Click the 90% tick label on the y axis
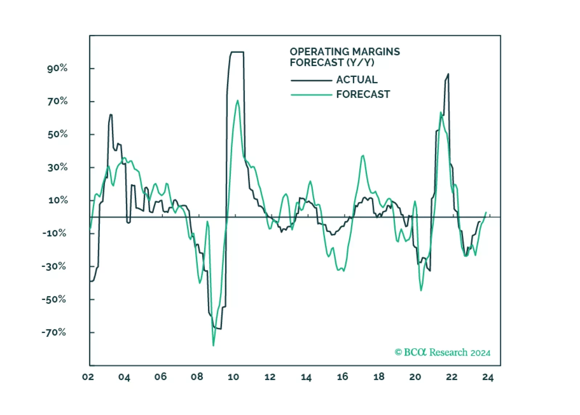tap(57, 68)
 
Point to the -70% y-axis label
tap(54, 332)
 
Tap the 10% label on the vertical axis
tap(58, 200)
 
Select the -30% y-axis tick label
tap(54, 266)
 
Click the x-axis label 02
tap(88, 377)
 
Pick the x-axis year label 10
tap(233, 377)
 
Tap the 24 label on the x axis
tap(488, 377)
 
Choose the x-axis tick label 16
tap(342, 377)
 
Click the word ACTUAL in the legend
tap(357, 80)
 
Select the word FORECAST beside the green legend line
tap(363, 95)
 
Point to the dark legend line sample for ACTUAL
tap(311, 80)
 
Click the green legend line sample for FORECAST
tap(311, 95)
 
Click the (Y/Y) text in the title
tap(360, 63)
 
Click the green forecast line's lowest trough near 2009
tap(213, 345)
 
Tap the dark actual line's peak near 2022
tap(448, 74)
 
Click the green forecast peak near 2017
tap(363, 156)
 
